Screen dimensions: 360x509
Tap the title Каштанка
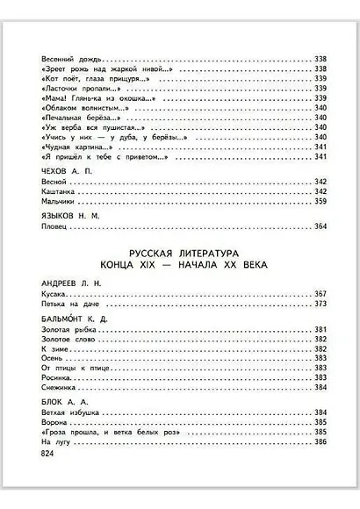(59, 191)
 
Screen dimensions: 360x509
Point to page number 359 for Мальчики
(320, 203)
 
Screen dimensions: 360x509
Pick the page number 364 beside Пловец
(320, 226)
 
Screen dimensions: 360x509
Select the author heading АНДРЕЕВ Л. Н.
(69, 283)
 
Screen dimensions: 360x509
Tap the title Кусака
(54, 294)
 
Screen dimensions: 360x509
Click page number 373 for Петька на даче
(320, 305)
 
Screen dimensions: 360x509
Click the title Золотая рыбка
(68, 333)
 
